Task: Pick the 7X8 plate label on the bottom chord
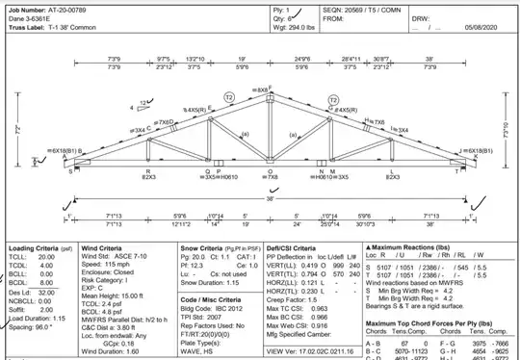[x=260, y=177]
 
